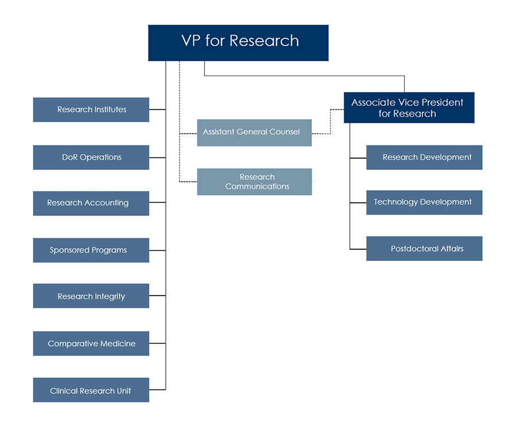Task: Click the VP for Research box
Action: (x=238, y=43)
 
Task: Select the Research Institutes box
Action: (x=91, y=109)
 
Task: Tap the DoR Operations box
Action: (x=91, y=158)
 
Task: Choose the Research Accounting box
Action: (x=91, y=203)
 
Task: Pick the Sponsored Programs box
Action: (x=91, y=250)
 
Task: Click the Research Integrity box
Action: (x=91, y=296)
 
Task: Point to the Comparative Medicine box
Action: (x=91, y=344)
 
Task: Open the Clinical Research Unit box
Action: (x=91, y=391)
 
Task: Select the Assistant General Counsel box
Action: (x=254, y=132)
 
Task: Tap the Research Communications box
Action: (x=254, y=182)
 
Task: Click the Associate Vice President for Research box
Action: (x=409, y=108)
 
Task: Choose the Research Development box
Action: (x=424, y=158)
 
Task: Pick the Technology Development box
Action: (x=424, y=202)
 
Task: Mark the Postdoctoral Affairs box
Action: (x=424, y=249)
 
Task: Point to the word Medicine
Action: (x=116, y=344)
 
